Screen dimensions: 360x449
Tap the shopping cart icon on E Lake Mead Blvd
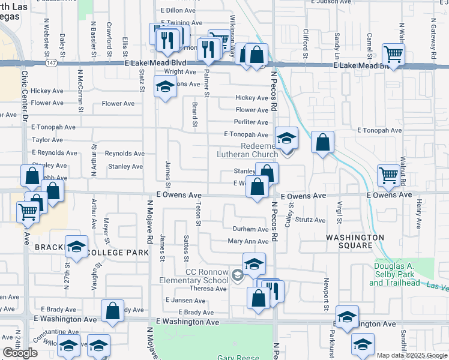click(x=393, y=55)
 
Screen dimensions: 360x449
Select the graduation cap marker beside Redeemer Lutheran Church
click(x=287, y=138)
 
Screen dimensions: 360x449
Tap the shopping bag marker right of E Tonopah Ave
click(x=323, y=143)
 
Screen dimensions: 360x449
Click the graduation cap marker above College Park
click(x=77, y=246)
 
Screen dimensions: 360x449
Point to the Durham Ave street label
click(x=251, y=229)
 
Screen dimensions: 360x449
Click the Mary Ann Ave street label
click(x=248, y=242)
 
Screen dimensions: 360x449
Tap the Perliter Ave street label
click(x=252, y=122)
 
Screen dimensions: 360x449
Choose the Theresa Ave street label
click(x=208, y=289)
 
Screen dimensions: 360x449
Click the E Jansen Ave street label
click(x=176, y=300)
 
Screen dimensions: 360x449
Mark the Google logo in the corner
click(x=20, y=353)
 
